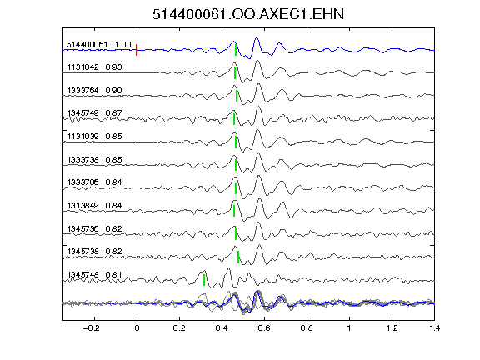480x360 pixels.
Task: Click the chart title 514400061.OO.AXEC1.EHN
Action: tap(248, 14)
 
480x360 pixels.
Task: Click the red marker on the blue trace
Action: tap(137, 50)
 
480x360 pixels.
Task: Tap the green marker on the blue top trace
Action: tap(236, 50)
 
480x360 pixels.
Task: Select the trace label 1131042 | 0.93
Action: tap(94, 67)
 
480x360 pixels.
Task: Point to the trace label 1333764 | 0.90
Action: tap(94, 90)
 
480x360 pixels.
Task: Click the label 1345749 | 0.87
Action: tap(94, 113)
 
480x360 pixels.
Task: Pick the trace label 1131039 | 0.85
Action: tap(94, 136)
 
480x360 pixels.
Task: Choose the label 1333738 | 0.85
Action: tap(94, 159)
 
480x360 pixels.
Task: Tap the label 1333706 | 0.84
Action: tap(94, 182)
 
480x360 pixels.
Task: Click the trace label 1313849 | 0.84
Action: tap(94, 205)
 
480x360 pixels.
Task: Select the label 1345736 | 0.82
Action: tap(94, 228)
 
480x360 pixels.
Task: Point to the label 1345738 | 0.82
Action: tap(94, 252)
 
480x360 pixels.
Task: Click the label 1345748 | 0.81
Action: tap(94, 275)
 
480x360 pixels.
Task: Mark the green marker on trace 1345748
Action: tap(204, 280)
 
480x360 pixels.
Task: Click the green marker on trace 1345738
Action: tap(238, 257)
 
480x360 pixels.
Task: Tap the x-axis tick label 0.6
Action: tap(264, 328)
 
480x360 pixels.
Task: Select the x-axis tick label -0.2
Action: tap(91, 328)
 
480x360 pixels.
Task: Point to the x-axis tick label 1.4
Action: tap(435, 328)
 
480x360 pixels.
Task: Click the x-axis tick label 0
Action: tap(137, 328)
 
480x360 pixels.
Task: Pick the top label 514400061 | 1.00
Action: tap(99, 45)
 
